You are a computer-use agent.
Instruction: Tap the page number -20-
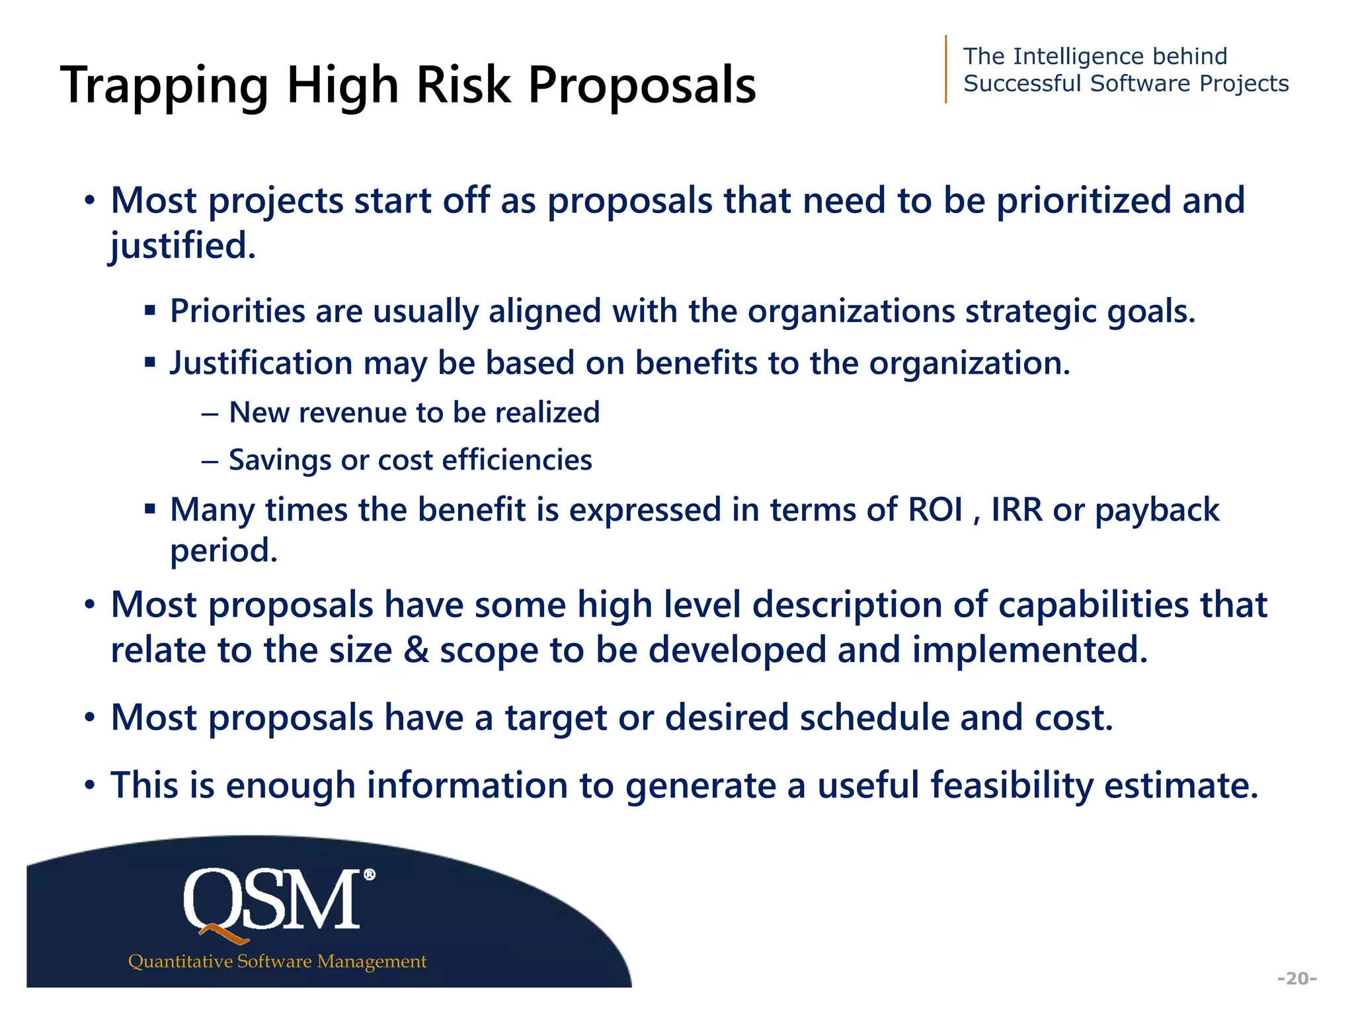click(1297, 978)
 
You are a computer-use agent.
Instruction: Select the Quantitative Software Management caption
click(277, 961)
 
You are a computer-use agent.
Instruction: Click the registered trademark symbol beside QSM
click(370, 874)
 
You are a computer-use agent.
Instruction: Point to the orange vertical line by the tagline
click(946, 69)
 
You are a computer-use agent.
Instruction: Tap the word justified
click(182, 246)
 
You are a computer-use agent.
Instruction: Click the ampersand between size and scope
click(416, 650)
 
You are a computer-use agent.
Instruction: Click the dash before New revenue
click(210, 413)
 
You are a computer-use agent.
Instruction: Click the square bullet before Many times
click(150, 509)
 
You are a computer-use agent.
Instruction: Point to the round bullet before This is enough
click(90, 786)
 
